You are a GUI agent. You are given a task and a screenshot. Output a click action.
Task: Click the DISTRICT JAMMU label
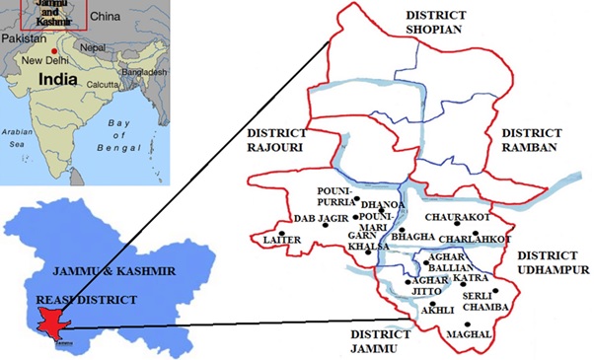[379, 341]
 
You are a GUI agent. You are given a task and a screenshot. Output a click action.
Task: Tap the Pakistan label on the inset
[24, 37]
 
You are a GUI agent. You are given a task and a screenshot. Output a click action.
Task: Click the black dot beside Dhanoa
[381, 197]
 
